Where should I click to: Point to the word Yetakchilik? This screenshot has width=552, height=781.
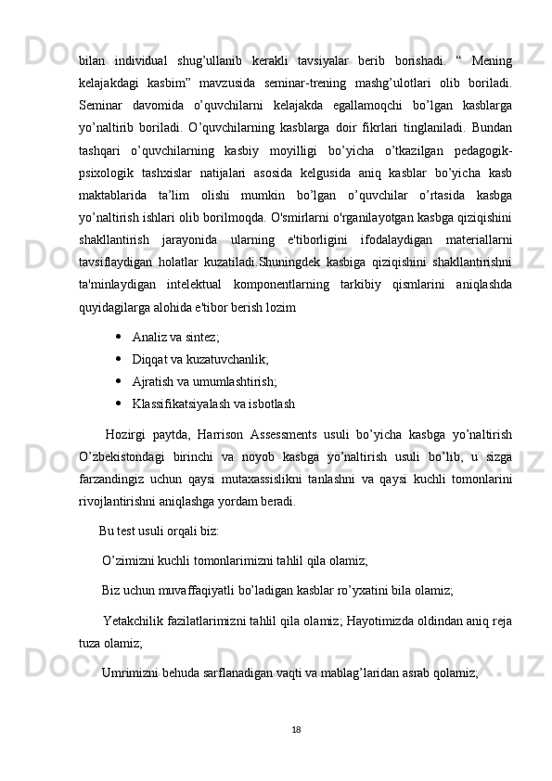tap(135, 620)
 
